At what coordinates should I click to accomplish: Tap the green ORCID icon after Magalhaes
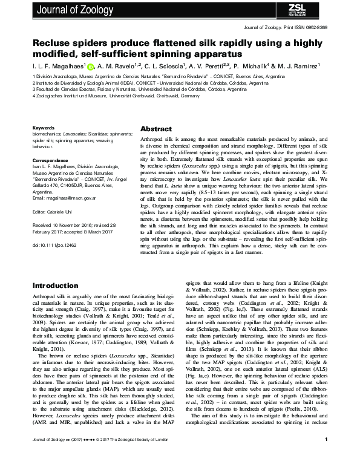coord(91,67)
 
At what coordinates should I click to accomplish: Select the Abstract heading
coord(156,129)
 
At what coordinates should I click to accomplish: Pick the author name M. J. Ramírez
coord(304,67)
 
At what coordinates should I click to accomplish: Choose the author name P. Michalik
coord(254,67)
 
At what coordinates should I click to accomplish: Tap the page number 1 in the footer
coord(326,456)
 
